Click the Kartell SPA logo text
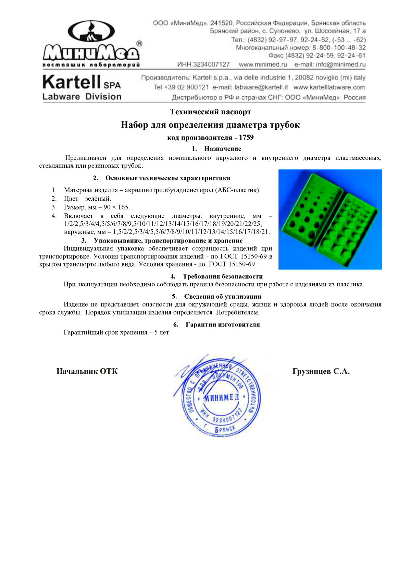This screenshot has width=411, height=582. pos(82,83)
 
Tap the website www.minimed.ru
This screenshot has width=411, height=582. pos(263,64)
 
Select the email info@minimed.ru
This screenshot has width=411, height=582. pos(341,64)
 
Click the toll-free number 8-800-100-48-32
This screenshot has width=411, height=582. pos(339,48)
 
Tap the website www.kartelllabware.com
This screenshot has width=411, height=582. pos(329,87)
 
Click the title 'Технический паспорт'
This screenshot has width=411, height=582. pos(210,112)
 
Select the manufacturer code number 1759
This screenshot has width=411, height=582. pos(246,138)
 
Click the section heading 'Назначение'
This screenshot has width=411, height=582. pos(223,149)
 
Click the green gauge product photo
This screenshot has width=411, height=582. pos(330,219)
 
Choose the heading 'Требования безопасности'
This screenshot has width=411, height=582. pos(223,276)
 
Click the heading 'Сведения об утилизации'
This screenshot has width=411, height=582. pos(223,296)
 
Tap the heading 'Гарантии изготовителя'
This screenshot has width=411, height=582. pos(223,324)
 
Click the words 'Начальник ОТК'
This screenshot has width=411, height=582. pos(87,371)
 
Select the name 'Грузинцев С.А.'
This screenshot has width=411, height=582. pos(321,371)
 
